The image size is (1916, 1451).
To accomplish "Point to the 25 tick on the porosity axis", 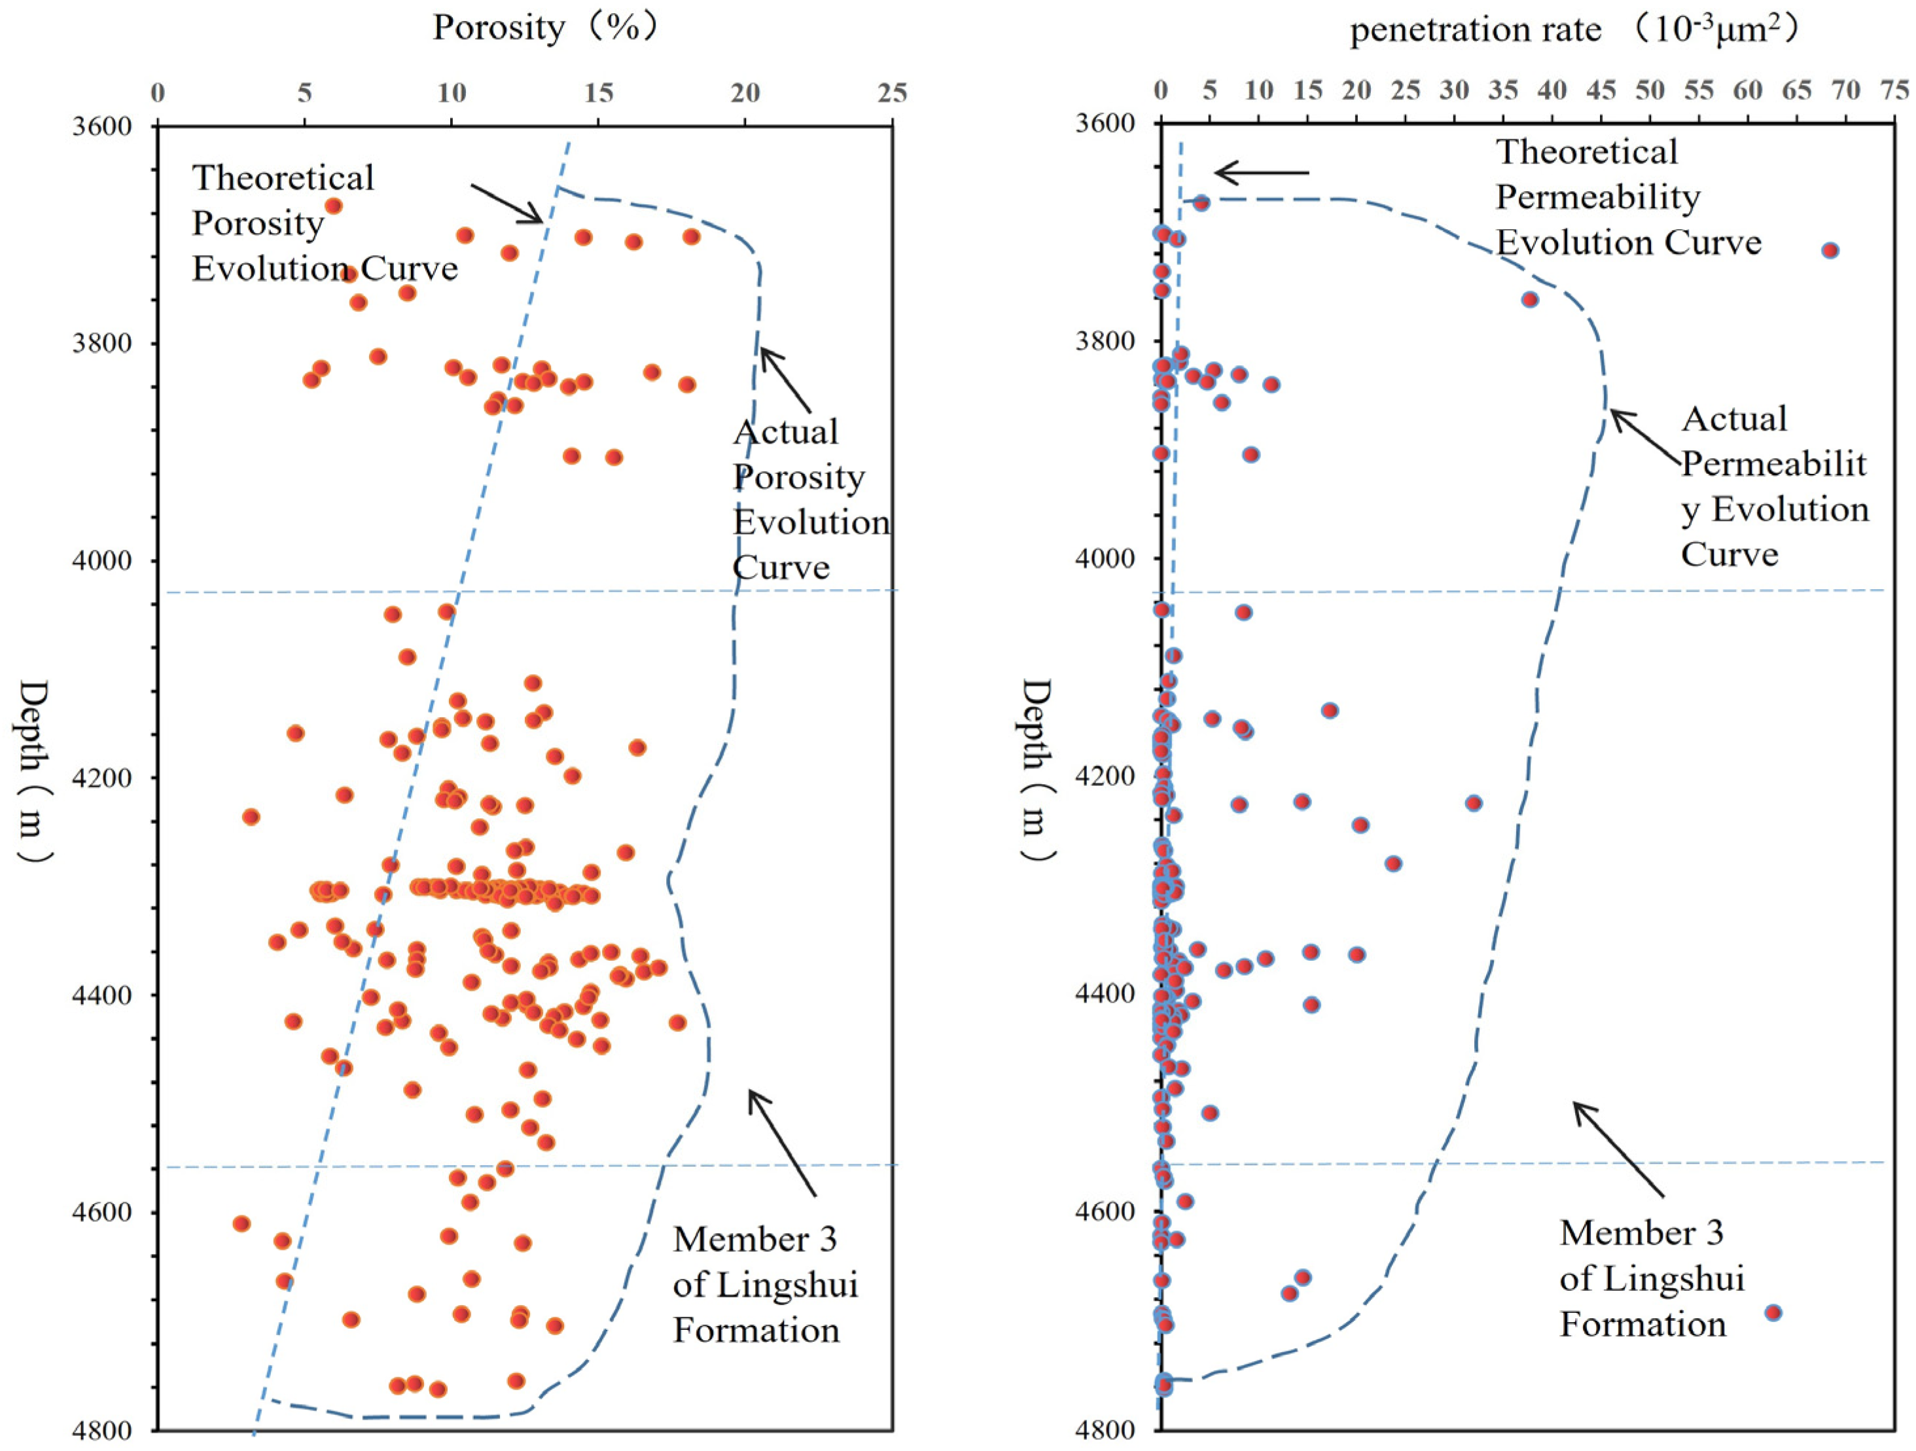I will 892,93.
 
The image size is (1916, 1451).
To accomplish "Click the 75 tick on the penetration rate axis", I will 1895,90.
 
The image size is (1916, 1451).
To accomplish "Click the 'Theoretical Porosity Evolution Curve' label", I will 324,223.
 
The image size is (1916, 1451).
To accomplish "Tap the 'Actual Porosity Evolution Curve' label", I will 810,500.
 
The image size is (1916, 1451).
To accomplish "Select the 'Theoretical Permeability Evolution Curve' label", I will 1629,198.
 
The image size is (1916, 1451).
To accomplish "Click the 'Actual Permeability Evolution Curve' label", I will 1774,487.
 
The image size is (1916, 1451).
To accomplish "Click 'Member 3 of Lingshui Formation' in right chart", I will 1651,1280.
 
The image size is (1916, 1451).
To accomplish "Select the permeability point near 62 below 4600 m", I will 1773,1312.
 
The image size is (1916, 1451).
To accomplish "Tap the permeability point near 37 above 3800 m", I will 1530,300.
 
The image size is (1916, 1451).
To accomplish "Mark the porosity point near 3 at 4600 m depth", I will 241,1224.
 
